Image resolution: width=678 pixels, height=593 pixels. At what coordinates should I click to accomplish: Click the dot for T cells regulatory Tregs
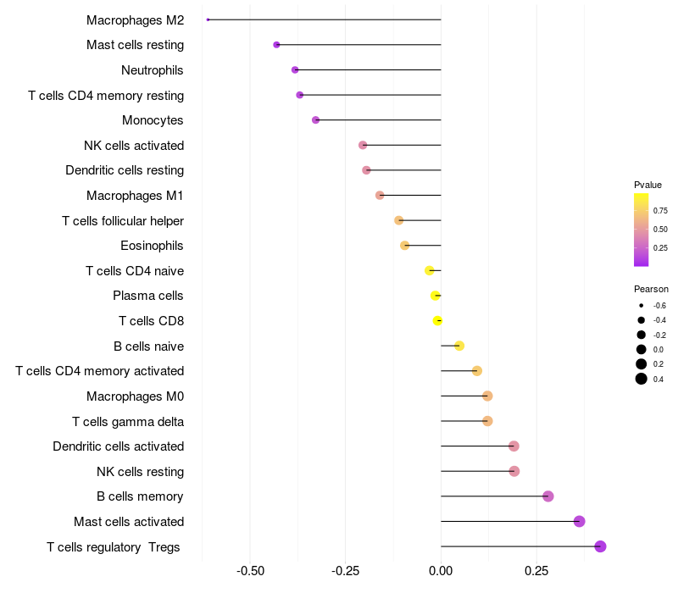coord(600,546)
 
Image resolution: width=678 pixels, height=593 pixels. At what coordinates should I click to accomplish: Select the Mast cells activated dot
coord(580,521)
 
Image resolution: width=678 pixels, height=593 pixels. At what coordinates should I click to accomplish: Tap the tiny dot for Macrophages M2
coord(208,19)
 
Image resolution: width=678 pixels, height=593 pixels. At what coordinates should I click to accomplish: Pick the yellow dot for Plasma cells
coord(435,296)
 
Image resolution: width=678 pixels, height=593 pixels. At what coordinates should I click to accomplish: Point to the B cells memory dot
coord(548,496)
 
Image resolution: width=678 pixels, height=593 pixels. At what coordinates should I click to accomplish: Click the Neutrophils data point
coord(295,69)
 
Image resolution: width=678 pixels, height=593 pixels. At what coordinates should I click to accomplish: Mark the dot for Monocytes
coord(316,120)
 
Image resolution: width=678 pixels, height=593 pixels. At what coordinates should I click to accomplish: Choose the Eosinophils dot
coord(405,246)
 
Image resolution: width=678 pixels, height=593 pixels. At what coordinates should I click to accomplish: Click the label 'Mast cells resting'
coord(135,45)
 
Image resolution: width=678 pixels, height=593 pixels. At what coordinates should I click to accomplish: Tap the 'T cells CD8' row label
coord(151,321)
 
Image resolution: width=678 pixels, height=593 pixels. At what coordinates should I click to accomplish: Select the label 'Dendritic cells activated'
coord(118,446)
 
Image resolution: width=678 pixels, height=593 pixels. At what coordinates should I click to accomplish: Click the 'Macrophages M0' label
coord(135,396)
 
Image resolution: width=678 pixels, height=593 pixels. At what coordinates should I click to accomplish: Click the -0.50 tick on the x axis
coord(250,572)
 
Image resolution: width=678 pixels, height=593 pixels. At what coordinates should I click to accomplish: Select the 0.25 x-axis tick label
coord(536,572)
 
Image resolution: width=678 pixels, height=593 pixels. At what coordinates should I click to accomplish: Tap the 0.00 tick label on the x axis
coord(441,572)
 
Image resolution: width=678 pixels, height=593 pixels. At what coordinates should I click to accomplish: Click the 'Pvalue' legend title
coord(647,185)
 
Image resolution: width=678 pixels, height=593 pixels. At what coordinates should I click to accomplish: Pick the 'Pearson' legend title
coord(651,289)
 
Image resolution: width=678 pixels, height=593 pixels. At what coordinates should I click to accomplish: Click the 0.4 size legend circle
coord(642,379)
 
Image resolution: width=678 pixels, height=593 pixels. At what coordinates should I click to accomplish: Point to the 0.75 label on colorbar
coord(660,211)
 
